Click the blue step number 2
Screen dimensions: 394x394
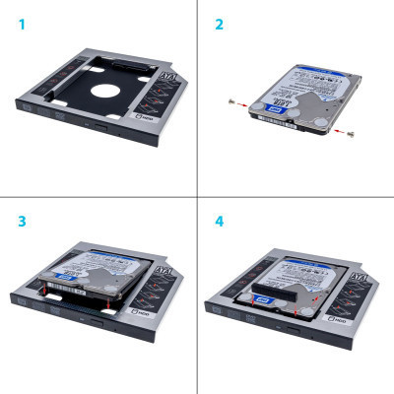coord(218,22)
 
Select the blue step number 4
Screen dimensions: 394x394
coord(218,221)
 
